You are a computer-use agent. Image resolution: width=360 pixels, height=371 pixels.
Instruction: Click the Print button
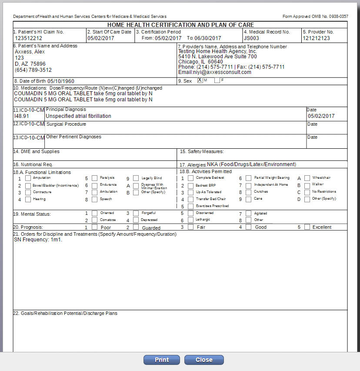point(162,360)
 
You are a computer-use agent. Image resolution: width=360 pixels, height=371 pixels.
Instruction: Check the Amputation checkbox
point(28,178)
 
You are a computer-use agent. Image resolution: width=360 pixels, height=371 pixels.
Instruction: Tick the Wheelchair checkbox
point(307,178)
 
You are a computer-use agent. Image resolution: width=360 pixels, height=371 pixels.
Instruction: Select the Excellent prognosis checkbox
point(307,227)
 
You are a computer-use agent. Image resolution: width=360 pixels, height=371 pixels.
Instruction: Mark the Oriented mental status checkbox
point(94,213)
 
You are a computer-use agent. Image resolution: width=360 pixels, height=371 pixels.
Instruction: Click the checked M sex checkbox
point(200,80)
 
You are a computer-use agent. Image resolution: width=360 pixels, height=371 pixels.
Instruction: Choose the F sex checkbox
point(217,80)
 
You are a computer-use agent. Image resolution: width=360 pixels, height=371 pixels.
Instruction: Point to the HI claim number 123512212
point(29,38)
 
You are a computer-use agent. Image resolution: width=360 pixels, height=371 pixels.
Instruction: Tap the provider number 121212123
point(316,38)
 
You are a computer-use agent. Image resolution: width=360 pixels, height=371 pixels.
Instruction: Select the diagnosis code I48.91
point(22,116)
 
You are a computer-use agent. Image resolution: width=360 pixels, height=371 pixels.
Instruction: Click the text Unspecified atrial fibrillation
point(79,116)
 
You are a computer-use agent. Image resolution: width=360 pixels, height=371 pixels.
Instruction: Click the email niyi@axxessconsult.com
point(214,72)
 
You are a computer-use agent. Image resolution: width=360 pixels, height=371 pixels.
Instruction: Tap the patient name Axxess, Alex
point(30,52)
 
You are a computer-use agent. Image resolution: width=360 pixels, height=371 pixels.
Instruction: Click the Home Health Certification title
point(180,25)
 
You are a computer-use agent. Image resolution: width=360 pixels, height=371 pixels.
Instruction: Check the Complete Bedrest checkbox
point(190,178)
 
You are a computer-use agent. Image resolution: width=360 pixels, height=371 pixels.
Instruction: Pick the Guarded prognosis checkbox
point(136,227)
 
